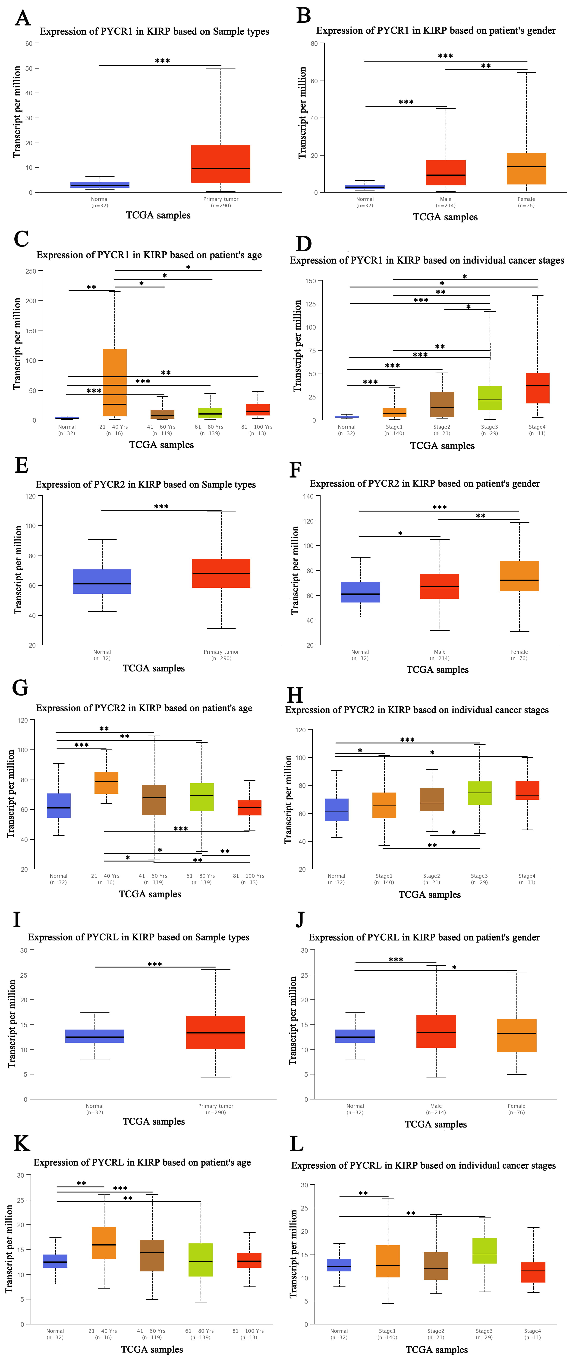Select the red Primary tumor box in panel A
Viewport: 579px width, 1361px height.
[x=220, y=164]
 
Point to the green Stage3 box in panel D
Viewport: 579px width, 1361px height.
[x=490, y=398]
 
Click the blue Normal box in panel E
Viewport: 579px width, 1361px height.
[x=102, y=581]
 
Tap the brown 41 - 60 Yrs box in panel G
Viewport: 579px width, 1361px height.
[x=154, y=799]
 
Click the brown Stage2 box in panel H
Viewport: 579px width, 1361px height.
[x=431, y=799]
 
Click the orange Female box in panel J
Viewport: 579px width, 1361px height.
[x=517, y=1036]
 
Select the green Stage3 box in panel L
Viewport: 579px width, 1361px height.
[x=484, y=1251]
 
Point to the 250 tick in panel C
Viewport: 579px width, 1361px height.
[x=31, y=271]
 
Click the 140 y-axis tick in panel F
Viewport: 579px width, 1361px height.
[x=308, y=496]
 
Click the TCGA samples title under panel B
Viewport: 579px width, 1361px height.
[x=445, y=217]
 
